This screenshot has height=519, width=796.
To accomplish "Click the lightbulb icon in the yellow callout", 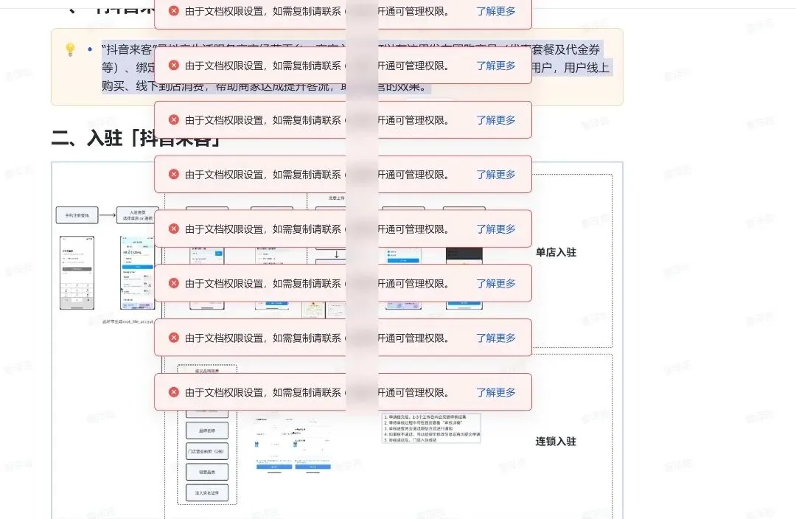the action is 70,49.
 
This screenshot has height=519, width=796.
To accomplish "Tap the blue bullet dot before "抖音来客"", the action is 90,49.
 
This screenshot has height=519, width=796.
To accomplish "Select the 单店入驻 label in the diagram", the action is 556,252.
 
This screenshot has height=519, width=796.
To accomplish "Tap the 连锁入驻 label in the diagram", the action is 556,442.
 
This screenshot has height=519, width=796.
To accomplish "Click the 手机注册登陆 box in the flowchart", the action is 77,216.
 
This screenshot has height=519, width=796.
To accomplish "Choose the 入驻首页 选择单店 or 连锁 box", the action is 139,215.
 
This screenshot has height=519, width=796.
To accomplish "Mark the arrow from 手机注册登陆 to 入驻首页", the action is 108,216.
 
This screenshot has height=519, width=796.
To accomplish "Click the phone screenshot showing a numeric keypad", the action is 77,272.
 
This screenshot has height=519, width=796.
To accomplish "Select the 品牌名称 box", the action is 207,430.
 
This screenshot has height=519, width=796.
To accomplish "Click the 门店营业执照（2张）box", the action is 207,450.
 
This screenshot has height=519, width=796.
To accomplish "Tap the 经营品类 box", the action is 207,471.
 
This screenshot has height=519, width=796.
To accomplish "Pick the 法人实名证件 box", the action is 207,492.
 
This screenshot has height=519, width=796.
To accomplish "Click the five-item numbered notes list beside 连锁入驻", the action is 431,428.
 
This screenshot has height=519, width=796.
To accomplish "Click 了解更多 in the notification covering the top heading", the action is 495,11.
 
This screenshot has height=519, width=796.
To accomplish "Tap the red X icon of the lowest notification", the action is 174,392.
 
